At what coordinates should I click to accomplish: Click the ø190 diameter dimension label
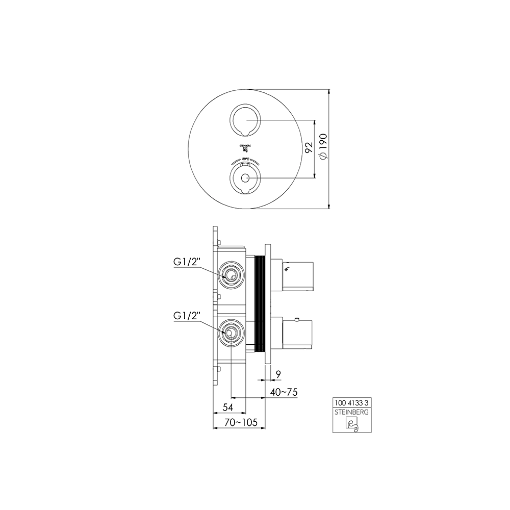(x=322, y=149)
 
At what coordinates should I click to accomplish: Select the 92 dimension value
(x=308, y=148)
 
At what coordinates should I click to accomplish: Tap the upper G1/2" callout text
(x=187, y=263)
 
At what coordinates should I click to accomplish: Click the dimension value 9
(x=278, y=375)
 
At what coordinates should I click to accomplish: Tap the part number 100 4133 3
(x=351, y=402)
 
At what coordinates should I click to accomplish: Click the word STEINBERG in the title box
(x=351, y=411)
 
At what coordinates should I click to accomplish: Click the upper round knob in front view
(x=245, y=120)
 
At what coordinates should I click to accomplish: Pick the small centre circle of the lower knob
(x=245, y=178)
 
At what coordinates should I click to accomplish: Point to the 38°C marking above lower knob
(x=245, y=160)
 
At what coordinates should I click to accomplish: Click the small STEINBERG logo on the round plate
(x=245, y=148)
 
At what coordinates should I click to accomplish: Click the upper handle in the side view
(x=298, y=276)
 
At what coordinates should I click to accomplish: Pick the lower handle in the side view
(x=298, y=332)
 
